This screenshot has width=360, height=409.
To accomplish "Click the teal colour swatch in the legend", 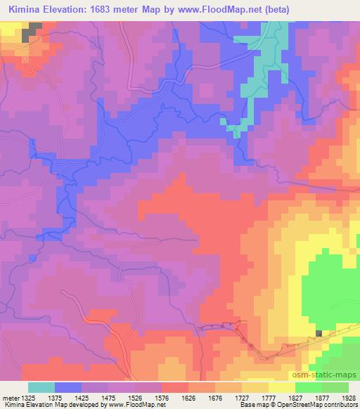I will point(41,387).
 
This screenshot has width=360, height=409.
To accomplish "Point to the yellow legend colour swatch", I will point(281,387).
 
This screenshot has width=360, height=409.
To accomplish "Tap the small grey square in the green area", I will point(319,334).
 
